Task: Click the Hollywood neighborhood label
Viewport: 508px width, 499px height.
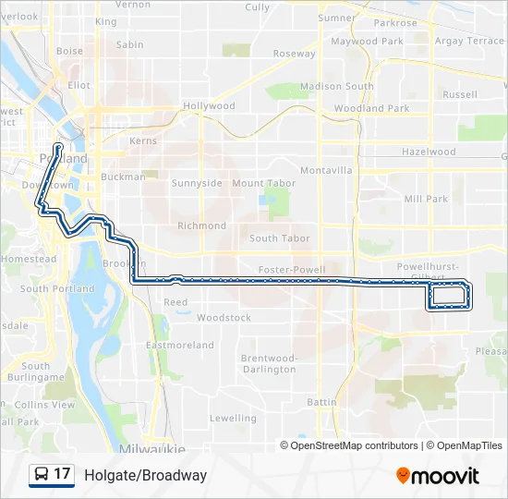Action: click(x=209, y=106)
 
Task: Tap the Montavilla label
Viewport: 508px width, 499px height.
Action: click(x=326, y=171)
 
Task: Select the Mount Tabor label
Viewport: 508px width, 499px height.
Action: click(x=263, y=184)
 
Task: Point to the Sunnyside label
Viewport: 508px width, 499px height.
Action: click(x=197, y=183)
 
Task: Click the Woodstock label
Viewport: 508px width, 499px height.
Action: click(x=224, y=318)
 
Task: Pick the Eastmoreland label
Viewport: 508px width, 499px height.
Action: click(x=180, y=346)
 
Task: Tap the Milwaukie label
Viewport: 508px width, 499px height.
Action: click(x=152, y=448)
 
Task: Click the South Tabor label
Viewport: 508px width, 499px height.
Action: click(x=280, y=238)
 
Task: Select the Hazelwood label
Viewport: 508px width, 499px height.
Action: click(x=429, y=152)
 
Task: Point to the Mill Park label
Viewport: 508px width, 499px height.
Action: click(x=426, y=199)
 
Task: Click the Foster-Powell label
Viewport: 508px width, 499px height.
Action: click(x=292, y=270)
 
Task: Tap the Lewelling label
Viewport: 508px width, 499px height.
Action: click(x=233, y=418)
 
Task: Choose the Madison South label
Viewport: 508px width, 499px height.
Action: click(x=337, y=87)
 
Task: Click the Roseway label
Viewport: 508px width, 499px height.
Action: click(x=294, y=54)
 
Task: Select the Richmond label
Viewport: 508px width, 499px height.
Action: click(x=201, y=225)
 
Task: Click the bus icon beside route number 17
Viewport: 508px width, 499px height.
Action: click(x=42, y=475)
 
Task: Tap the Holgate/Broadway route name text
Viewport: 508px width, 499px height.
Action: click(x=145, y=475)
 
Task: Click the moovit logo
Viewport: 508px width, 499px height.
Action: click(x=438, y=475)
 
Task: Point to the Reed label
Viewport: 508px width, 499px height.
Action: click(x=175, y=302)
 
